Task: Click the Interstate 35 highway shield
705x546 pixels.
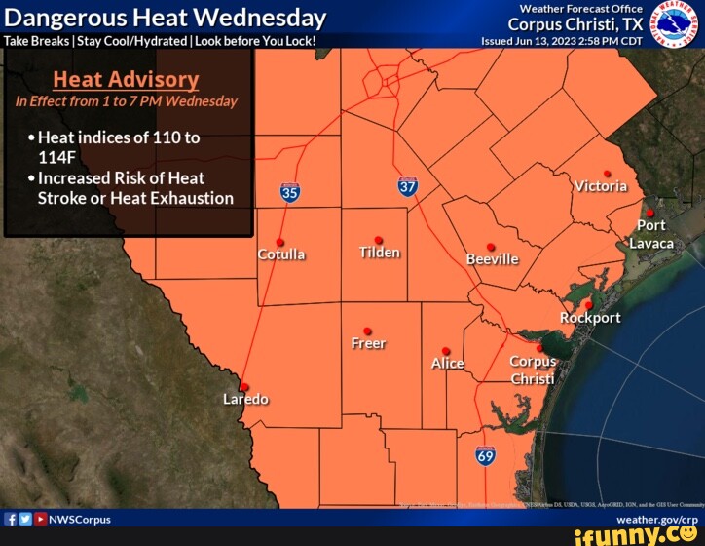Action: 290,192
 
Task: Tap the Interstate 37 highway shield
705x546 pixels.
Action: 408,185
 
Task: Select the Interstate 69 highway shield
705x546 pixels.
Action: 486,454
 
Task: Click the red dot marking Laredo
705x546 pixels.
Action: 244,387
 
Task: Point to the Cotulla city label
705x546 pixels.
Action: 281,254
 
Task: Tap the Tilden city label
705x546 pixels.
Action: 380,253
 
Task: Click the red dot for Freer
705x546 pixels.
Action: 367,331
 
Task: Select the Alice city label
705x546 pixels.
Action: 447,364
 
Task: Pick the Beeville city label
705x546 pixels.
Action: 492,259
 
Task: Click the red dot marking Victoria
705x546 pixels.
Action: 607,174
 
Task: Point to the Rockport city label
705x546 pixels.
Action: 590,318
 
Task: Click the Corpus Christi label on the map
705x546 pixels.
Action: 533,370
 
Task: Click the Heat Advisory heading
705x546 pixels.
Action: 126,80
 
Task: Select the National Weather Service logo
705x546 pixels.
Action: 674,23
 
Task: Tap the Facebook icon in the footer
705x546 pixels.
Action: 11,519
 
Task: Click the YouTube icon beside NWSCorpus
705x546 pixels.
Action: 40,519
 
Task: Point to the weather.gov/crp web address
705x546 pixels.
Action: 656,519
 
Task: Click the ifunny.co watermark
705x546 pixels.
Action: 637,535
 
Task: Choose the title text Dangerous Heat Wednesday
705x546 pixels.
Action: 166,18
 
